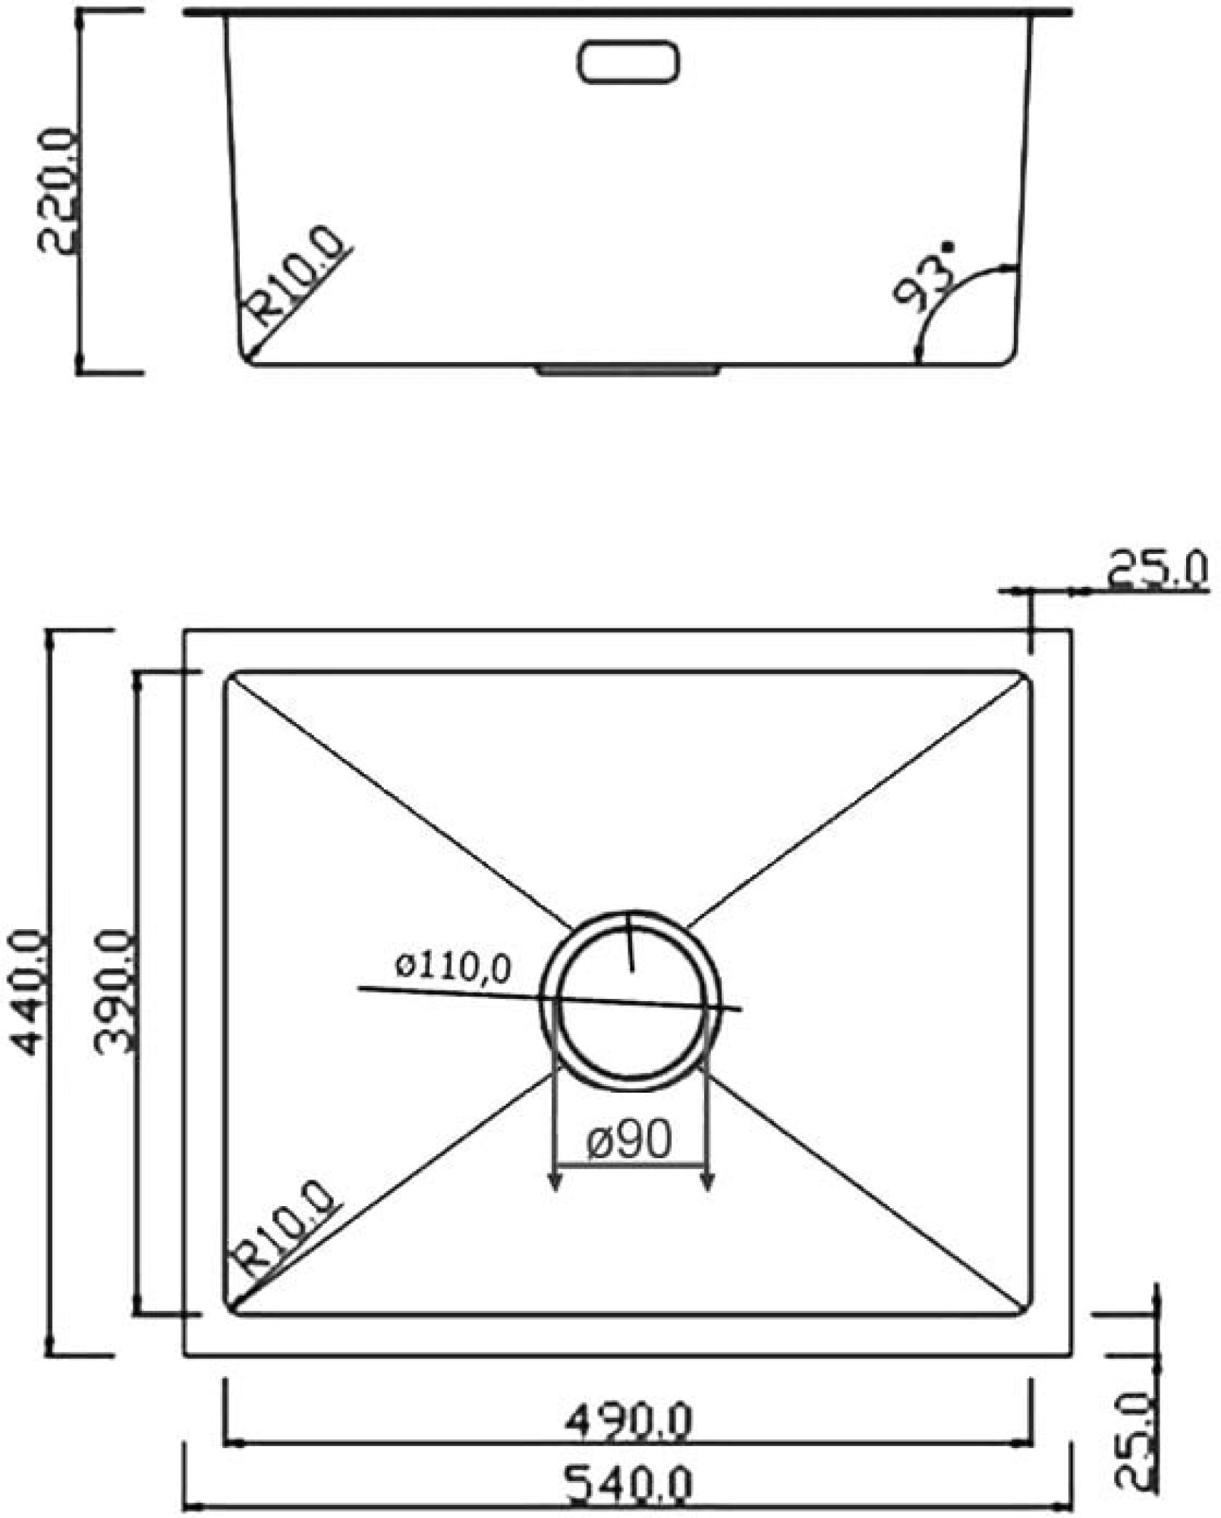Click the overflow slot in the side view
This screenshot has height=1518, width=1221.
(628, 61)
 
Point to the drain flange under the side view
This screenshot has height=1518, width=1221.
(628, 370)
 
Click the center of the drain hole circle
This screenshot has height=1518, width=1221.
(631, 1001)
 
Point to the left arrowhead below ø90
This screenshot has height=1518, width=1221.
(555, 1180)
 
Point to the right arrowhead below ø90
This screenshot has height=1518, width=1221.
(707, 1180)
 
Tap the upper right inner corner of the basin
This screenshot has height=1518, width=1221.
(1026, 677)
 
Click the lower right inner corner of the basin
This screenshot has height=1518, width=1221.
(1026, 1309)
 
